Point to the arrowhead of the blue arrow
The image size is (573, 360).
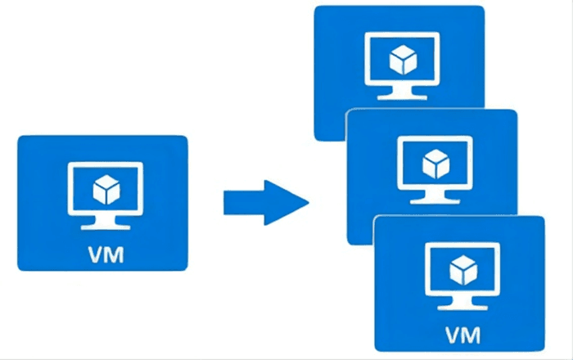click(x=290, y=200)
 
